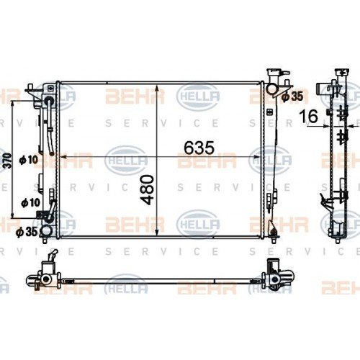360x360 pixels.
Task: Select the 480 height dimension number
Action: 146,188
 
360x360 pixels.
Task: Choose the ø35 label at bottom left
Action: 25,232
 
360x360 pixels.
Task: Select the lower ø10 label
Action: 30,204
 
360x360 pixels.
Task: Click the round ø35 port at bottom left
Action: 47,230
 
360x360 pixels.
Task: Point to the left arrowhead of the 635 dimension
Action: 60,156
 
